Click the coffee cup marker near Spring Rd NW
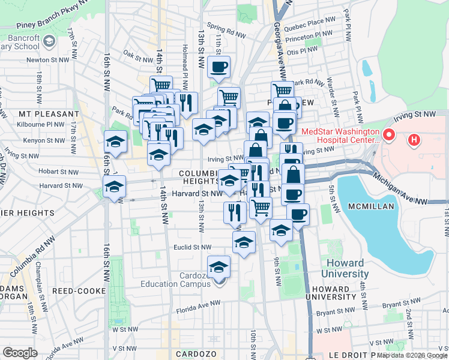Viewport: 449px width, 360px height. pyautogui.click(x=219, y=67)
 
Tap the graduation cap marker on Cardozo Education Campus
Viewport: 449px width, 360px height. pyautogui.click(x=219, y=266)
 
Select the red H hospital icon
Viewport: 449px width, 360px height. pyautogui.click(x=414, y=140)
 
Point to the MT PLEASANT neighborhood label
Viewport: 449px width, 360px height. pyautogui.click(x=49, y=113)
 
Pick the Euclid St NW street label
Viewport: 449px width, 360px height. pyautogui.click(x=193, y=247)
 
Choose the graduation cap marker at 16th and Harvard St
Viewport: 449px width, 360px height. pyautogui.click(x=114, y=185)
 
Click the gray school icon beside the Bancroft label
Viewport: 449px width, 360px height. pyautogui.click(x=49, y=41)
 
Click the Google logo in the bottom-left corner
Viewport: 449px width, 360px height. pyautogui.click(x=20, y=352)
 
